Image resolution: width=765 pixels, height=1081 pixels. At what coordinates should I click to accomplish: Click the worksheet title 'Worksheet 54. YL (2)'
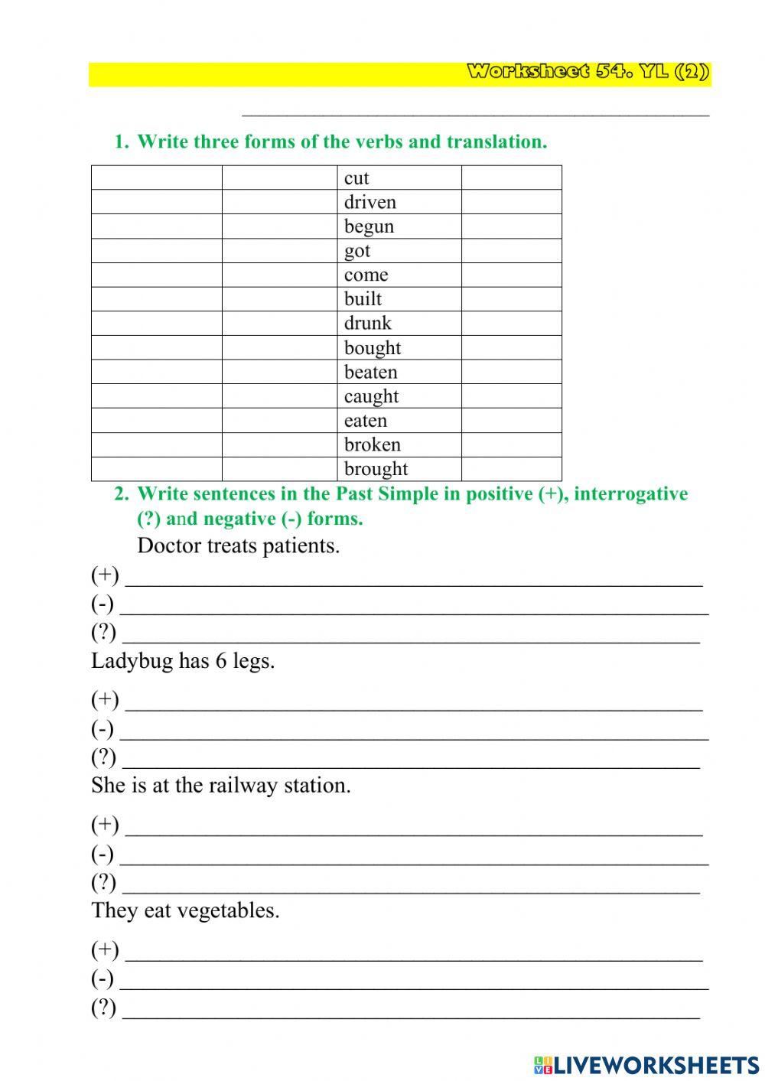point(588,73)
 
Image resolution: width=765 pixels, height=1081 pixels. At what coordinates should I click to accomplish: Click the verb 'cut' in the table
point(356,178)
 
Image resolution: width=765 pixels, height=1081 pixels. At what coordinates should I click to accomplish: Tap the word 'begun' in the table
point(369,226)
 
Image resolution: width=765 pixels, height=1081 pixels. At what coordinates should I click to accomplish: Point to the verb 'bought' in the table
point(373,348)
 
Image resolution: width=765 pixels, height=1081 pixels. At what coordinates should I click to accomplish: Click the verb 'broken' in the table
point(373,444)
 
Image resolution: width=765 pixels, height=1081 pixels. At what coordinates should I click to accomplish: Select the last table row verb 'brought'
point(376,469)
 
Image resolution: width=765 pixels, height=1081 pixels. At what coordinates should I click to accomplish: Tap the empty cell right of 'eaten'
point(511,421)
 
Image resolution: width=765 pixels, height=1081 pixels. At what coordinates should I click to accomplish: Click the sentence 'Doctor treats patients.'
point(238,546)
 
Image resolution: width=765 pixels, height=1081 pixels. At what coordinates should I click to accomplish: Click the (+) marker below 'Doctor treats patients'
point(105,575)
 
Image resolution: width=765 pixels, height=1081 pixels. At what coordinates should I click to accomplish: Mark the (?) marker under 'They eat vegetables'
point(104,1008)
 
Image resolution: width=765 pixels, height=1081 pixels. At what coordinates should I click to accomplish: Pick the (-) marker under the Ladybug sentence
point(103,728)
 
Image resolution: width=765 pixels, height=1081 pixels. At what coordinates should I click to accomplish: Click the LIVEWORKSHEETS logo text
point(656,1065)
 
